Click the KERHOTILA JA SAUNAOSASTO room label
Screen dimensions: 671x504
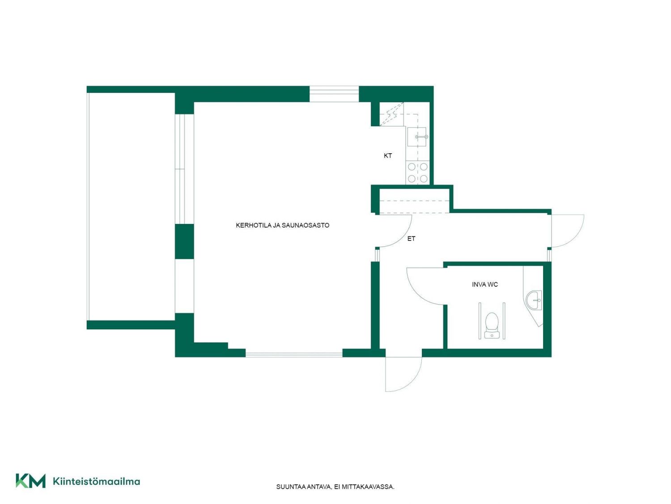tap(282, 225)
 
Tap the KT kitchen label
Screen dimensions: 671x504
tap(388, 156)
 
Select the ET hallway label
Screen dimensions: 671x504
tap(411, 238)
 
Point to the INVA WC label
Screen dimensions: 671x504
tap(485, 284)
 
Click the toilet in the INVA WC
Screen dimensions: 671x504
tap(492, 325)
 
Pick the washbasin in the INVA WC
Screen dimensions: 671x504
tap(535, 300)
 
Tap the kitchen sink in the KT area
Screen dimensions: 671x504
tap(417, 137)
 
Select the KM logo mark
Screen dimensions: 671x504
tap(30, 481)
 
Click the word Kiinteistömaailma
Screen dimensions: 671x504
tap(97, 481)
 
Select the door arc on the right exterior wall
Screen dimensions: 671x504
tap(575, 237)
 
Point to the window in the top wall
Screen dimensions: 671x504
tap(334, 94)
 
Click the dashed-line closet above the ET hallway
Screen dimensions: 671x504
tap(414, 201)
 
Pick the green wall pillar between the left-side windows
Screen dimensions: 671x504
tap(184, 241)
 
